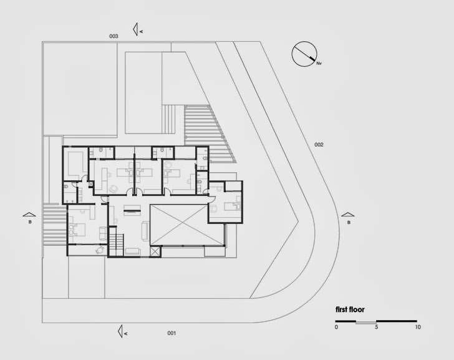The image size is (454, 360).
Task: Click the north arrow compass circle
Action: click(x=304, y=54)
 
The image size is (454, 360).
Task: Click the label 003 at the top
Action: click(x=113, y=36)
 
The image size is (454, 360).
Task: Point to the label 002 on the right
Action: click(x=319, y=145)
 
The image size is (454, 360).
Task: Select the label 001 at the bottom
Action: click(x=171, y=333)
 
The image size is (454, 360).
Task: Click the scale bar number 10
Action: click(x=418, y=328)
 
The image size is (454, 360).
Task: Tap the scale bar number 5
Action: click(x=377, y=328)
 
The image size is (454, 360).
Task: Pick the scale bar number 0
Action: click(x=336, y=328)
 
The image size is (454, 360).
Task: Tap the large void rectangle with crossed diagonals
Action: click(x=178, y=224)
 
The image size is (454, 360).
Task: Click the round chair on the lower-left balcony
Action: click(x=98, y=250)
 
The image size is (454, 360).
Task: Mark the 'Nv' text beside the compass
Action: click(x=319, y=63)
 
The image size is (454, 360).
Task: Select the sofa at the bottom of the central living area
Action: click(x=133, y=251)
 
